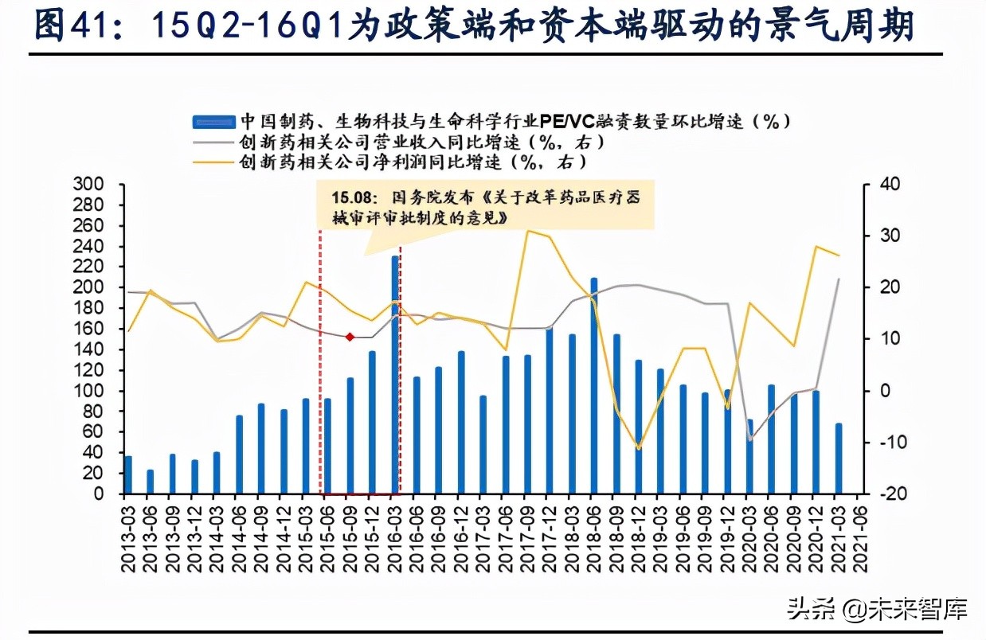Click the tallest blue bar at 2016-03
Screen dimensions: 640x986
pos(395,374)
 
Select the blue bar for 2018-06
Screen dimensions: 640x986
pos(594,385)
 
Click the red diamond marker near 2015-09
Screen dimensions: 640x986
pos(349,338)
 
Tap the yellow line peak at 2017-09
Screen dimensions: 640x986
pos(527,231)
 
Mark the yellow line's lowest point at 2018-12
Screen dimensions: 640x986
pos(638,449)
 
